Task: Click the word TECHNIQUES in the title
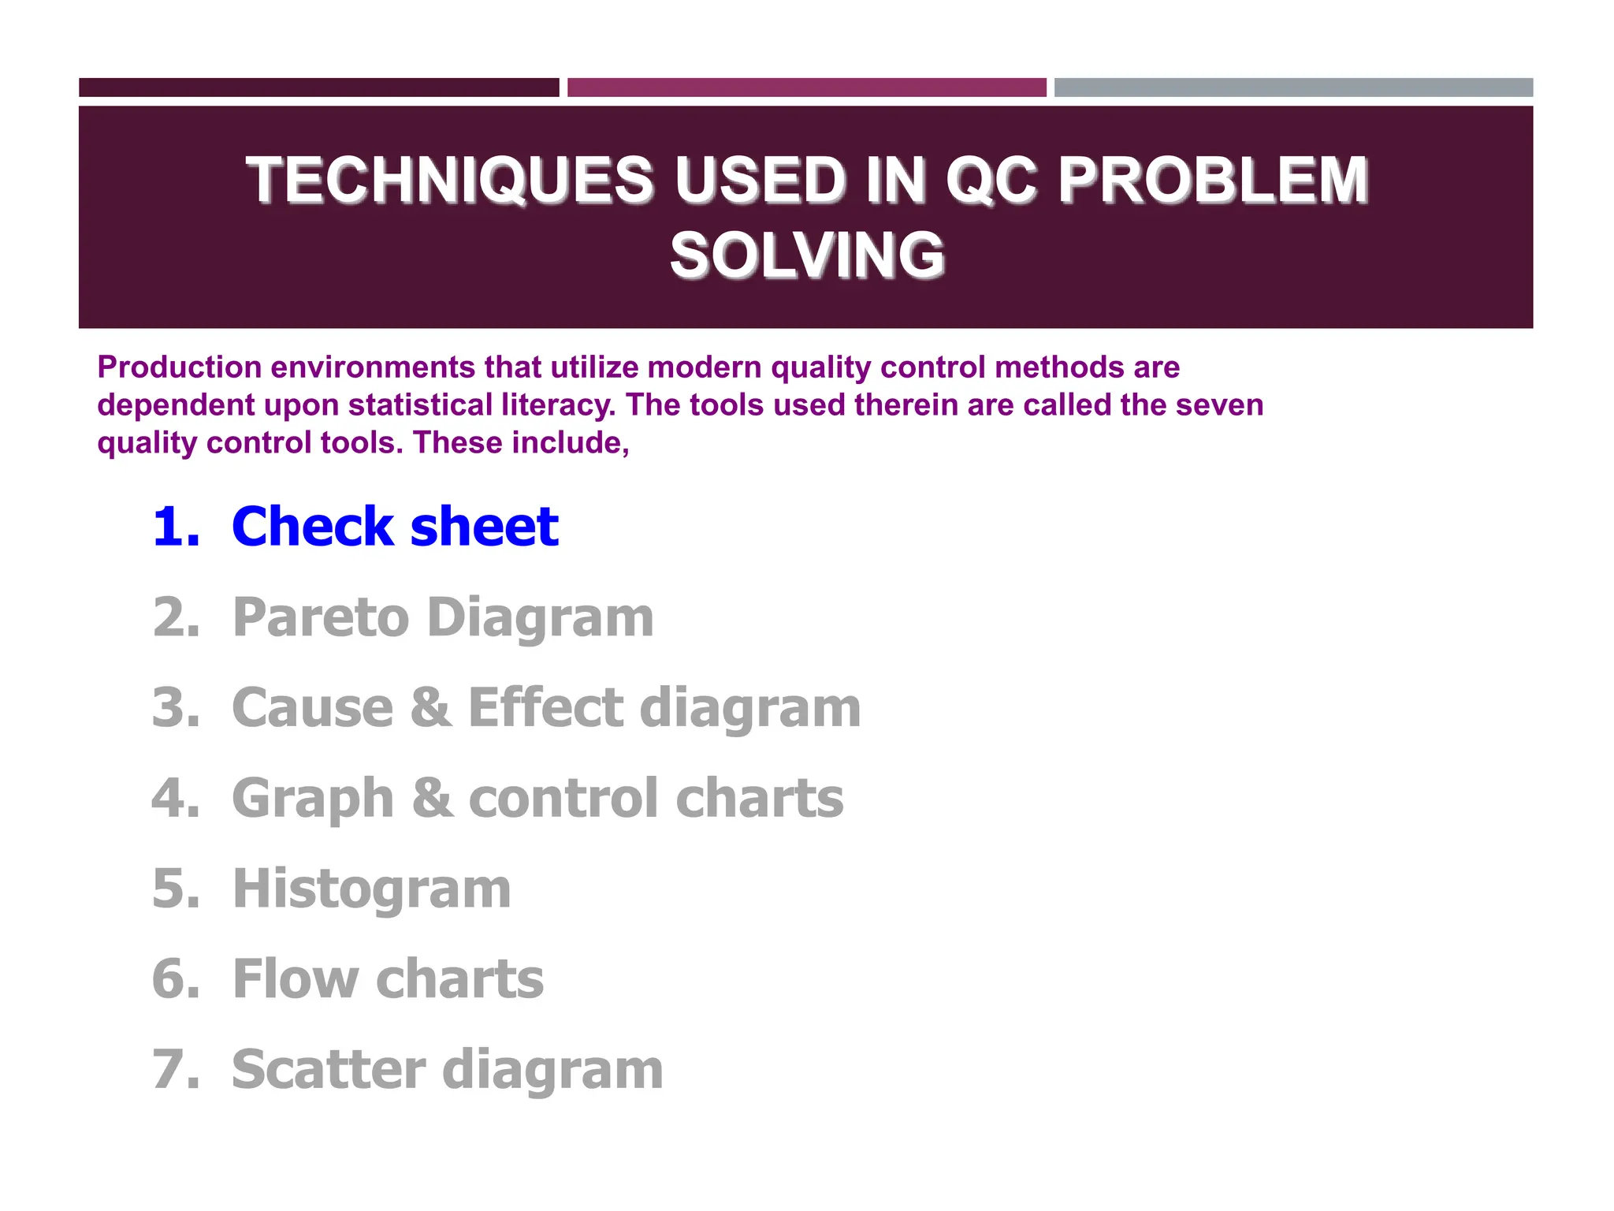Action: tap(449, 181)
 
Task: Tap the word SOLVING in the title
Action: tap(807, 255)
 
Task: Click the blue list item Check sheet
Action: tap(395, 527)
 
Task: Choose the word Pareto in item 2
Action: tap(321, 617)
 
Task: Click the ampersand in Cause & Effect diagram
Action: tap(430, 707)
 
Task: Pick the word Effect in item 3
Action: tap(546, 707)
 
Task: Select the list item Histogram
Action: tap(372, 889)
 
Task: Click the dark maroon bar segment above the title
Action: tap(318, 88)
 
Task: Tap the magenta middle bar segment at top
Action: tap(806, 88)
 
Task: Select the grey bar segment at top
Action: tap(1293, 88)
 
